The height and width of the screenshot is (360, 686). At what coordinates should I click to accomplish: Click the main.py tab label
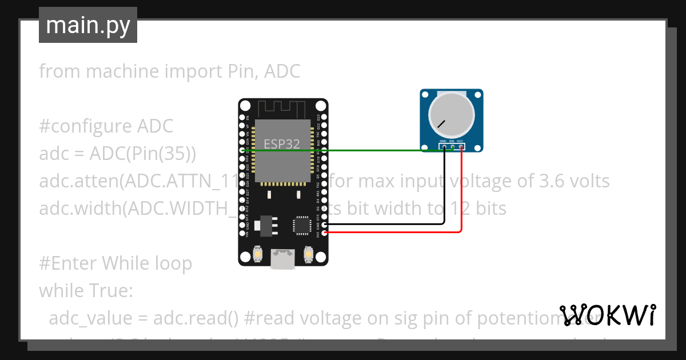tap(87, 25)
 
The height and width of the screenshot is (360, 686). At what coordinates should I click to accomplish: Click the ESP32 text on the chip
tap(281, 144)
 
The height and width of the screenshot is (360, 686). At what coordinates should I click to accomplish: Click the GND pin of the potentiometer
tap(444, 147)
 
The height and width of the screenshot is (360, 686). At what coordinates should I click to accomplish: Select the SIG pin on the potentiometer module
tap(452, 147)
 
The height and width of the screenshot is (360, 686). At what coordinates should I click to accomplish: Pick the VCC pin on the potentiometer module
tap(460, 147)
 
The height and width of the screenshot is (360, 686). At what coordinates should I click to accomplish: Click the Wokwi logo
tap(607, 315)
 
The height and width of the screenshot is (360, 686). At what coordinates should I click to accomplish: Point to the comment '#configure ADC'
tap(106, 126)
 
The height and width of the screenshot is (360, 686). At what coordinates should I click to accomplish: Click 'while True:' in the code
tap(86, 291)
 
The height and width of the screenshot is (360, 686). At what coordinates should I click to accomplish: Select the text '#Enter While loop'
tap(115, 263)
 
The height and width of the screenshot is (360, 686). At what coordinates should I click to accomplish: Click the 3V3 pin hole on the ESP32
tap(325, 233)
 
